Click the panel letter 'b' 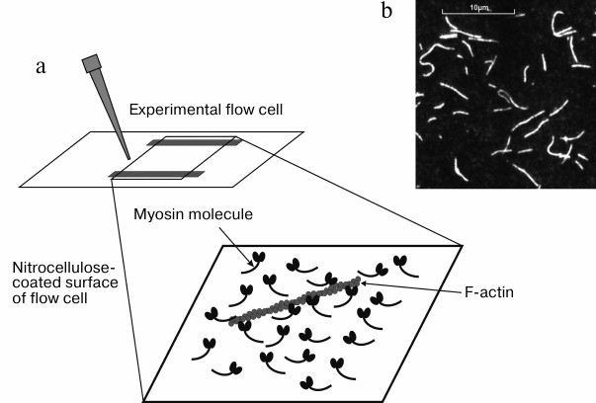pos(386,12)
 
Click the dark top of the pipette pos(94,63)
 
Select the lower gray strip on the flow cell pos(156,175)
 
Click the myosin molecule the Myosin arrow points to pos(260,259)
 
